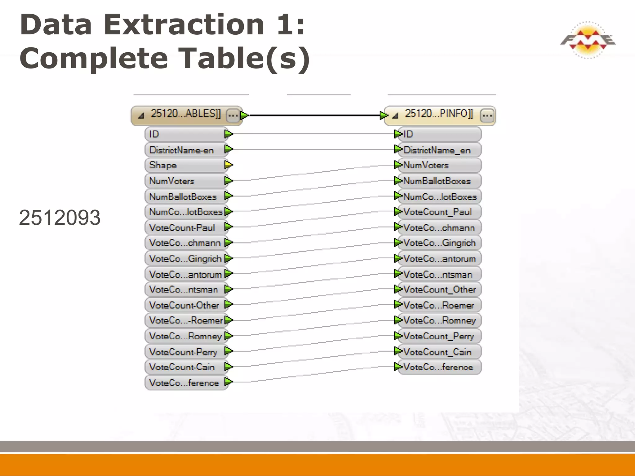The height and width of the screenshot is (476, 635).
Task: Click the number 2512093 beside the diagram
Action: pyautogui.click(x=60, y=218)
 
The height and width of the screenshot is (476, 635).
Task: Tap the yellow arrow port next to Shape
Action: pyautogui.click(x=229, y=165)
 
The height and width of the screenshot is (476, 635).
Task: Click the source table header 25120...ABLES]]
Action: pyautogui.click(x=185, y=114)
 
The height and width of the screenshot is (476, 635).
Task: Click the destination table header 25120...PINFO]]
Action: pyautogui.click(x=439, y=114)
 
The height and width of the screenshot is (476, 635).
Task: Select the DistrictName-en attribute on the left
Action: pyautogui.click(x=182, y=150)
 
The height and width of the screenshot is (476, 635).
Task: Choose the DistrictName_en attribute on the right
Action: pyautogui.click(x=437, y=150)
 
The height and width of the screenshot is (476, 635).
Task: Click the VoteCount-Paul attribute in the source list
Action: pyautogui.click(x=182, y=228)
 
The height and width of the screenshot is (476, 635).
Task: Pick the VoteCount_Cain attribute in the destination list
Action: pyautogui.click(x=437, y=352)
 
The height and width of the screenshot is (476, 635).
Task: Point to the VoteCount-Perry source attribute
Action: pyautogui.click(x=183, y=352)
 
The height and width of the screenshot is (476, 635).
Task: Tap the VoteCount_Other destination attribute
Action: pyautogui.click(x=439, y=290)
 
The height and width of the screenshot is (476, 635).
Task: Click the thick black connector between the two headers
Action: pyautogui.click(x=313, y=115)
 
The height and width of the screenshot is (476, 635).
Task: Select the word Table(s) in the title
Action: pyautogui.click(x=245, y=59)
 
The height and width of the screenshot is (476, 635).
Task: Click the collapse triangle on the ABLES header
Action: pyautogui.click(x=141, y=116)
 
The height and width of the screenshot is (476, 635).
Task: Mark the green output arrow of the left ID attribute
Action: pyautogui.click(x=229, y=134)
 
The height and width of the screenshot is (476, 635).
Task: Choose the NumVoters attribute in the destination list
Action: pyautogui.click(x=426, y=165)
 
